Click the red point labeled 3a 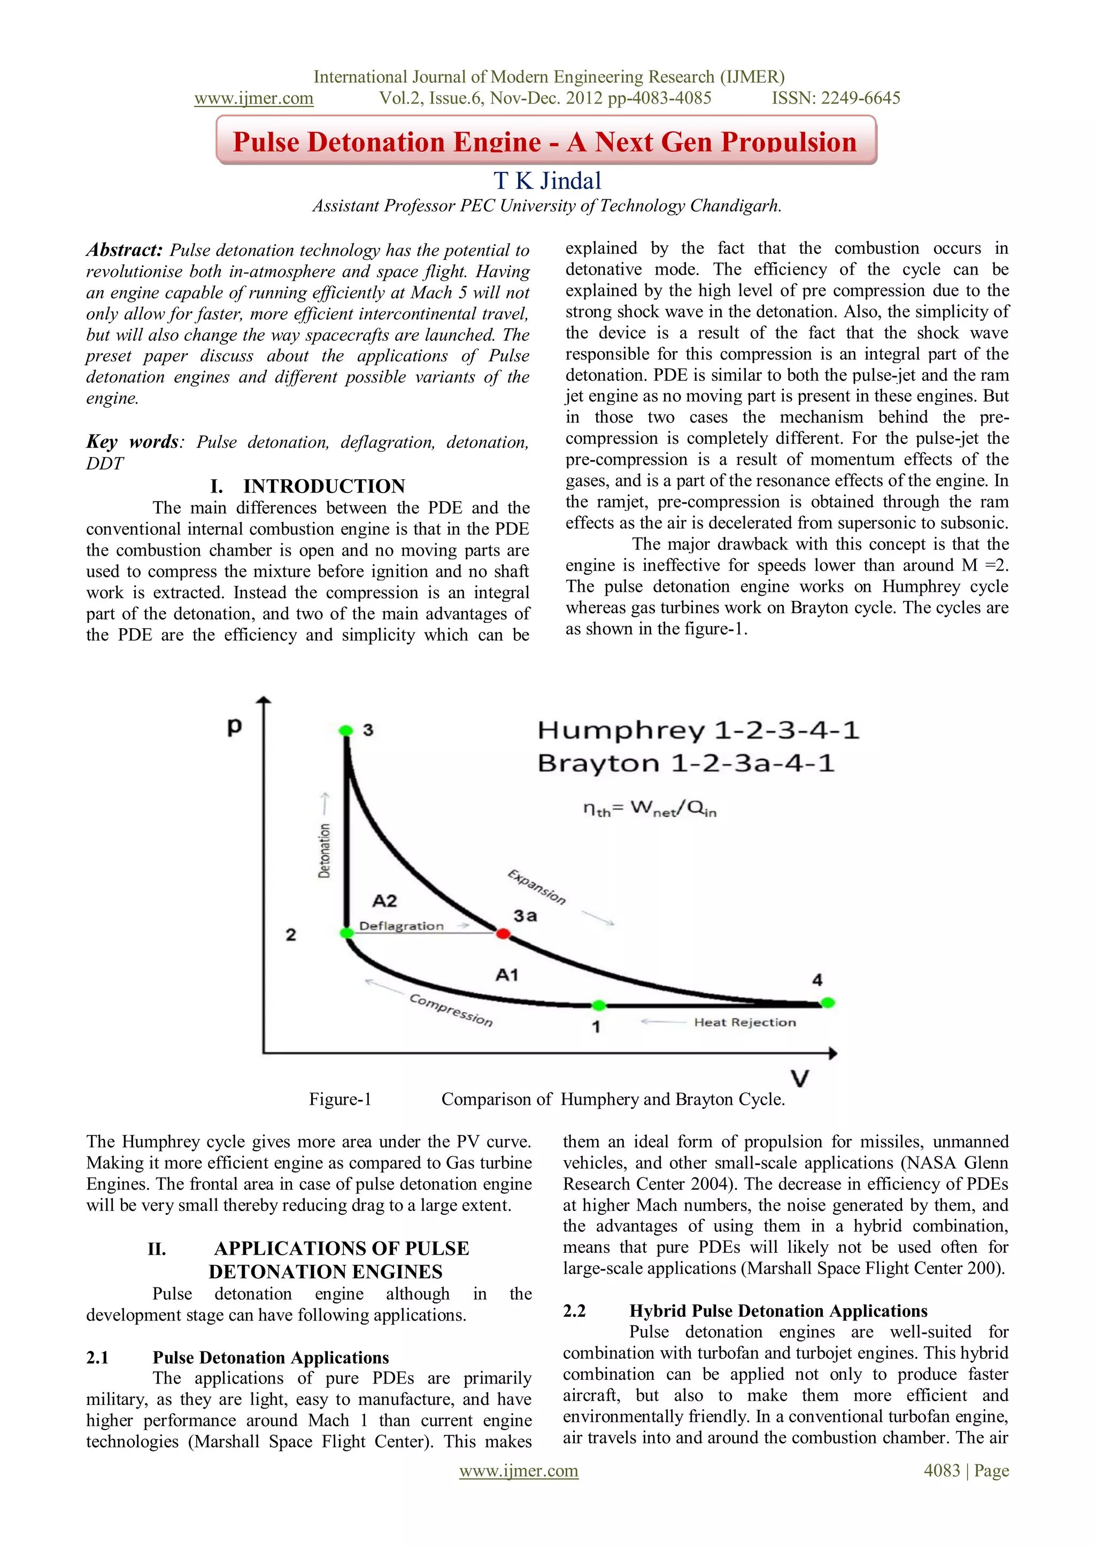tap(503, 934)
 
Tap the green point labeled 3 tap(346, 730)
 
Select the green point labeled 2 tap(346, 933)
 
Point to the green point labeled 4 tap(828, 1003)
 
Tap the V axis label tap(800, 1079)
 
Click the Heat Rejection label tap(744, 1022)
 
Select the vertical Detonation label tap(325, 850)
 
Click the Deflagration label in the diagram tap(401, 926)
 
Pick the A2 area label tap(384, 901)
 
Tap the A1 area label tap(507, 974)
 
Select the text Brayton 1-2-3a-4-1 tap(686, 763)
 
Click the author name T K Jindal tap(547, 181)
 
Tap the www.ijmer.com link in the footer tap(519, 1470)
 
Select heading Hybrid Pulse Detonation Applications tap(778, 1310)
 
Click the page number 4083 tap(941, 1470)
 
